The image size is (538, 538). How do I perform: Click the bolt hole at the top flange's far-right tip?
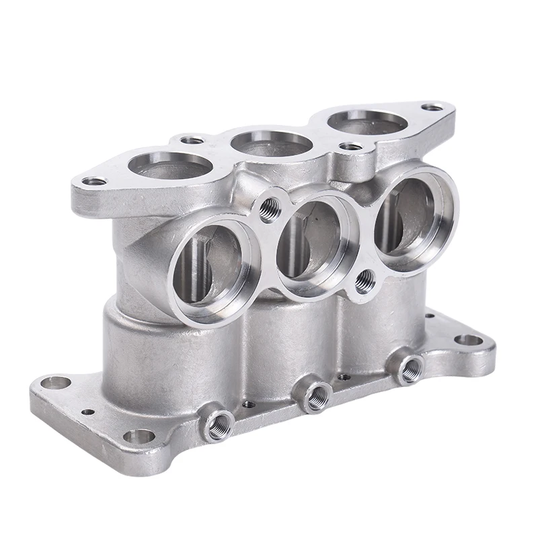(432, 107)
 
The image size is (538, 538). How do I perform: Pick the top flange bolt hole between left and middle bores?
(192, 141)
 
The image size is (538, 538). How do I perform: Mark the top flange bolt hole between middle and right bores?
(350, 146)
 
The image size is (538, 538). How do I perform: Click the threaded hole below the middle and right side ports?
(365, 282)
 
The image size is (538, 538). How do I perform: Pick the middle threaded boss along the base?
(314, 397)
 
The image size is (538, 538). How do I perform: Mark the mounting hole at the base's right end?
(468, 340)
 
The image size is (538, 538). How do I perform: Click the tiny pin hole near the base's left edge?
(87, 412)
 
